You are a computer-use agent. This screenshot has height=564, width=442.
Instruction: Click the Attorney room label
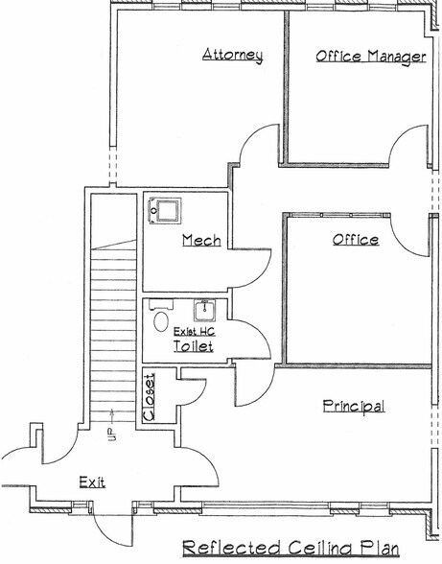coord(233,55)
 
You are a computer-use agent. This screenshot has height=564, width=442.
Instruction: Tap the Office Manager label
coord(370,57)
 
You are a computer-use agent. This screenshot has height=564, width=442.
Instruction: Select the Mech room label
coord(201,240)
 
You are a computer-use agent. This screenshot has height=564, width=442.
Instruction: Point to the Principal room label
coord(353,406)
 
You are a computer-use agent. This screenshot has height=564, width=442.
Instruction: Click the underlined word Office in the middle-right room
coord(355,239)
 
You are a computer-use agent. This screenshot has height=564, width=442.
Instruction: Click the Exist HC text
coord(194,331)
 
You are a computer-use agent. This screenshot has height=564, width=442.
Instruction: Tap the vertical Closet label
coord(149,395)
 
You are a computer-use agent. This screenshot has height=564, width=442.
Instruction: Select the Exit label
coord(92,482)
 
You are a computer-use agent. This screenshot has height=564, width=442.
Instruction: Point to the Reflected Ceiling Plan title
coord(290,548)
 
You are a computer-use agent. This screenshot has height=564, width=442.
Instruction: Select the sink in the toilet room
coord(203,310)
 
